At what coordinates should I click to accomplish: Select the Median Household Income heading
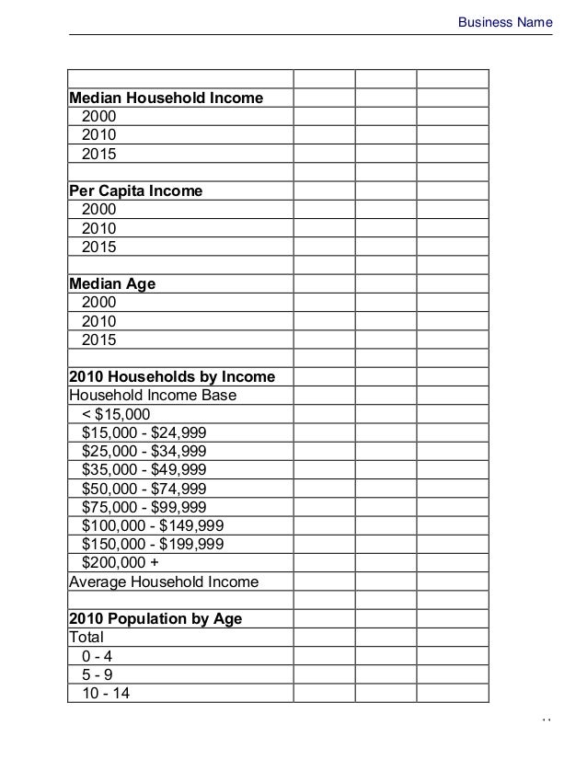point(167,98)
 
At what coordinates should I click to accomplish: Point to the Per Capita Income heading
point(136,191)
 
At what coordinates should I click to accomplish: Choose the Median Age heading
point(113,284)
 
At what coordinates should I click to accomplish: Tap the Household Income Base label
point(153,396)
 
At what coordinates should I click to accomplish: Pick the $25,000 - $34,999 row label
point(144,451)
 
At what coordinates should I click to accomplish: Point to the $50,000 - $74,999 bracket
point(144,489)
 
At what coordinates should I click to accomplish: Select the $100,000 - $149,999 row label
point(152,525)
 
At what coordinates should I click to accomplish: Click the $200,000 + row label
point(120,563)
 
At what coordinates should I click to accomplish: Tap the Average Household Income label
point(164,582)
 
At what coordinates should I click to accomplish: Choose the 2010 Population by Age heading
point(156,619)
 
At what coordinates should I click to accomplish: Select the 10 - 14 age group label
point(106,694)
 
